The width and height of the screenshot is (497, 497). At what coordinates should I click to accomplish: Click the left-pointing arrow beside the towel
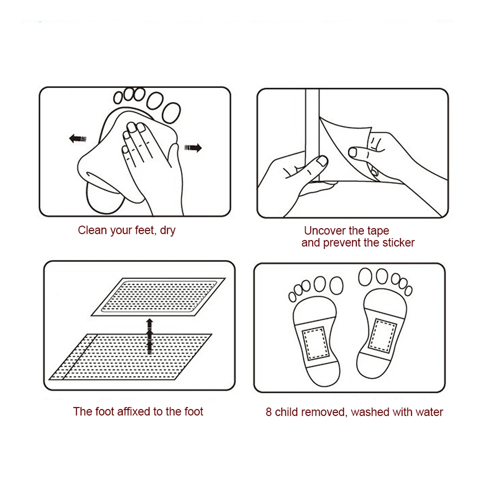(77, 138)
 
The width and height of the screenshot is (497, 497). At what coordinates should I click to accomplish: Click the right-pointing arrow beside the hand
(193, 147)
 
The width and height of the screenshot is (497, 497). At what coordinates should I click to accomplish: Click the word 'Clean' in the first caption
(92, 231)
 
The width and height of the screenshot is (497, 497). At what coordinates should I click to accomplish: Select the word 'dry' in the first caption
(167, 231)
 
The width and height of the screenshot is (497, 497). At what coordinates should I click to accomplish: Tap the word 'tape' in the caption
(378, 231)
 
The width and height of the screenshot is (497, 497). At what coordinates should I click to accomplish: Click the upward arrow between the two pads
(149, 335)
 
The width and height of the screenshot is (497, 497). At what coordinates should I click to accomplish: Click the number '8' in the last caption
(268, 412)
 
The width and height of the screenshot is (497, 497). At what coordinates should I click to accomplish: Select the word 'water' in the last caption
(428, 412)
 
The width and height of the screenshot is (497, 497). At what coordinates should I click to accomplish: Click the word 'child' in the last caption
(286, 412)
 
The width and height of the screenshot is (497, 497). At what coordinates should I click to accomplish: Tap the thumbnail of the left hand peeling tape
(322, 161)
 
